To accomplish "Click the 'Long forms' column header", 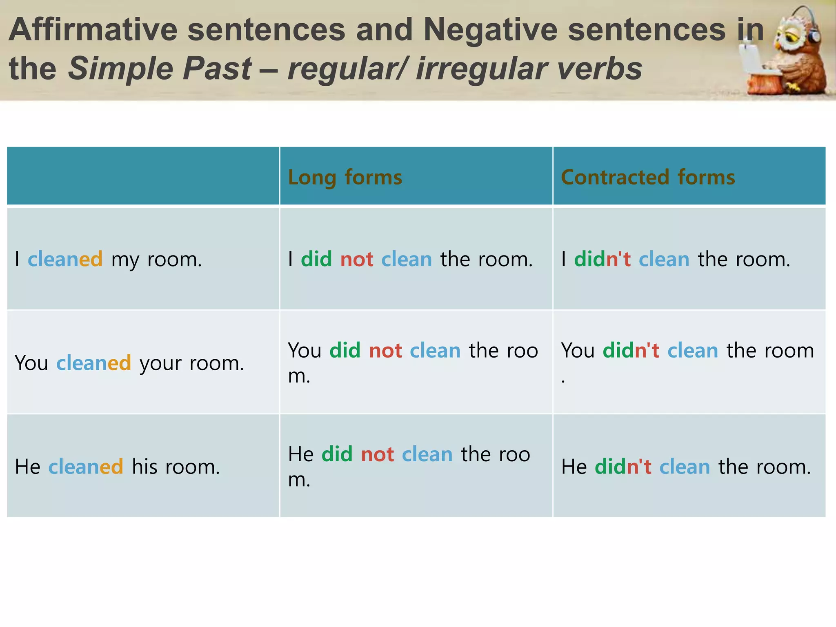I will (345, 177).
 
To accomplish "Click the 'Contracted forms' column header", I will (648, 177).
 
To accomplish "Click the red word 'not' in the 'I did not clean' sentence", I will (357, 259).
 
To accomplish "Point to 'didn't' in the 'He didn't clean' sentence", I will (623, 467).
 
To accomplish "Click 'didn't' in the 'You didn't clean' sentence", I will (631, 351).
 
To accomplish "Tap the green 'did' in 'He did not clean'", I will (337, 454).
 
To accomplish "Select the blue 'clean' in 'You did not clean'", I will (435, 351).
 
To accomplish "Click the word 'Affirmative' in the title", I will (93, 30).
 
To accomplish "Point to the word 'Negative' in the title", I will (490, 30).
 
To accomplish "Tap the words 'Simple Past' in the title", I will (160, 69).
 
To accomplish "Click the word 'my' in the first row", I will (125, 260).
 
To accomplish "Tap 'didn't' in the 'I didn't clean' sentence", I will (603, 259).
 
